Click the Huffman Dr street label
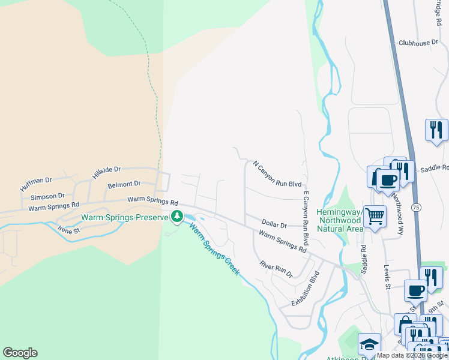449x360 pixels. (36, 184)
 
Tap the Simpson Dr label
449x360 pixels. (47, 196)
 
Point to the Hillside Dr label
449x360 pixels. (106, 173)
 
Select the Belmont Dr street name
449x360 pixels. (124, 184)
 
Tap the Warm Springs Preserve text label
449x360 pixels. (125, 217)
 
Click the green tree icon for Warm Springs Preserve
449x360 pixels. (176, 216)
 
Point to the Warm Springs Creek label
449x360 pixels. (214, 249)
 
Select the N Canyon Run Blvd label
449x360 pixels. (277, 173)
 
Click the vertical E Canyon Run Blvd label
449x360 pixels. (306, 218)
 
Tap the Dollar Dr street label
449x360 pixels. (274, 224)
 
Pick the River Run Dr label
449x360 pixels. (276, 269)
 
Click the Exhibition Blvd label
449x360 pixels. (306, 288)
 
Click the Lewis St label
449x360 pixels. (387, 278)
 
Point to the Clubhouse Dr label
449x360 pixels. (418, 43)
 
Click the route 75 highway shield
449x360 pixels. (415, 207)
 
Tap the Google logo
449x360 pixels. (20, 353)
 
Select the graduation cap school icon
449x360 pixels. (369, 344)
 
